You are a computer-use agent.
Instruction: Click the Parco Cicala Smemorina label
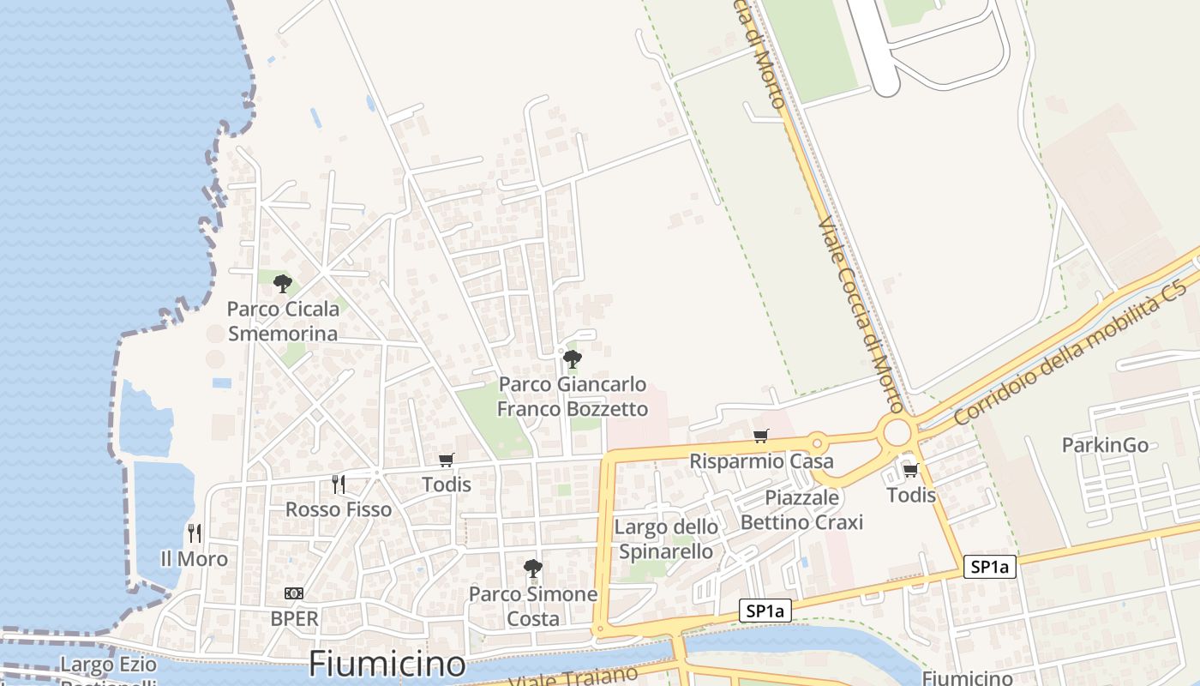click(282, 321)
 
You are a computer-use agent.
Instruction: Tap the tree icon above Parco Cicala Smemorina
click(282, 283)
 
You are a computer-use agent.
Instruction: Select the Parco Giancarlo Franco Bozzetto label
click(573, 396)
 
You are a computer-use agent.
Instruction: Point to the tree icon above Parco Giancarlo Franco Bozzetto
click(573, 358)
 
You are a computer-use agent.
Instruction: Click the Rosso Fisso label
click(339, 509)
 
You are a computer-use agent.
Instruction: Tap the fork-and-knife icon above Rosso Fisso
click(339, 484)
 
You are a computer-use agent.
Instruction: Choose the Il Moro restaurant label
click(195, 559)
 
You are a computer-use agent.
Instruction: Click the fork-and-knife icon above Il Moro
click(195, 533)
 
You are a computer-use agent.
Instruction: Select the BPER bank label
click(294, 618)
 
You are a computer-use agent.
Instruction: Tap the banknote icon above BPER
click(294, 593)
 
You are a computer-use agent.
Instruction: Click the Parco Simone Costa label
click(533, 606)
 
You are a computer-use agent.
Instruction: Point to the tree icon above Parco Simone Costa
click(533, 568)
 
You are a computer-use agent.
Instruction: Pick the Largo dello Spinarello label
click(666, 539)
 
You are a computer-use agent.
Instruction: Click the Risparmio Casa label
click(761, 461)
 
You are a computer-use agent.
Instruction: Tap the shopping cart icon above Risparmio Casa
click(761, 436)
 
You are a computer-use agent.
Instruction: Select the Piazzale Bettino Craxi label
click(801, 509)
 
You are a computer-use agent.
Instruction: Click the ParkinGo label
click(1105, 445)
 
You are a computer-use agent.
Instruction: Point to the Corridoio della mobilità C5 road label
click(1071, 352)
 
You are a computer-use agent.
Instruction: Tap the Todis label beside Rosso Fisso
click(447, 484)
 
